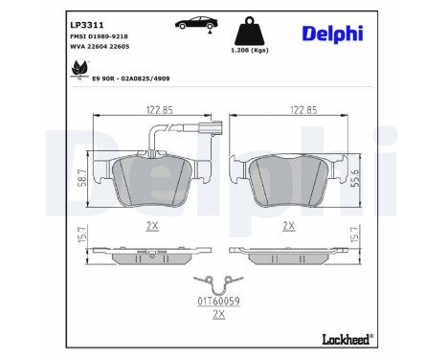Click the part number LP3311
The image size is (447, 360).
tap(86, 25)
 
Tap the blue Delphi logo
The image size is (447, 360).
tap(332, 34)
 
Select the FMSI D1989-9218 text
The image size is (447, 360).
tap(99, 36)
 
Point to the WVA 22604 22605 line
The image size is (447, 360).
tap(100, 47)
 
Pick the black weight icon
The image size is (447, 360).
tap(250, 32)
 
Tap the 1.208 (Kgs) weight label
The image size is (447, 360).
tap(250, 51)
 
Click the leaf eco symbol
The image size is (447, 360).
tap(79, 69)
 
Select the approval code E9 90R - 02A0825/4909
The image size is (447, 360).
tap(131, 79)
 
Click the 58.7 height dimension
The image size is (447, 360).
tap(83, 178)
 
